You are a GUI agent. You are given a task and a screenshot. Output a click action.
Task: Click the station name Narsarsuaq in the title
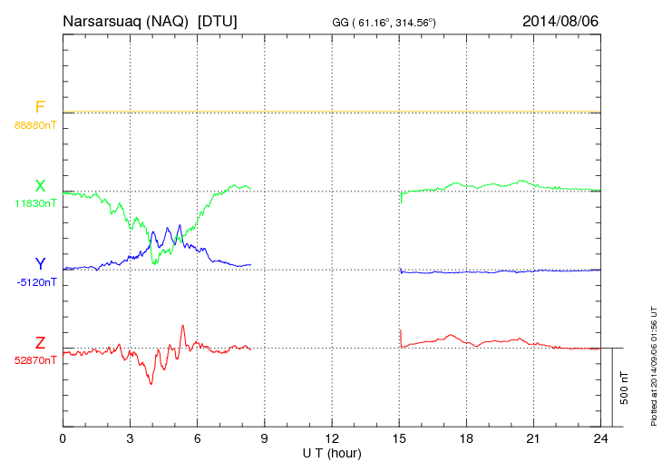coord(99,20)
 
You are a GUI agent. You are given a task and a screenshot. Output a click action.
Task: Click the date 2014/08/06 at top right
coord(561,20)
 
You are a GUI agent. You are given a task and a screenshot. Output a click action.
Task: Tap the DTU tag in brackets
coord(217,20)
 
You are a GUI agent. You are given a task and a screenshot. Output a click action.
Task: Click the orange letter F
coord(40,107)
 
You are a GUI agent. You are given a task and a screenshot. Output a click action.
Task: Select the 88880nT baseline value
coord(36,124)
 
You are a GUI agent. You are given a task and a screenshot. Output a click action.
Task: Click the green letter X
coord(40,186)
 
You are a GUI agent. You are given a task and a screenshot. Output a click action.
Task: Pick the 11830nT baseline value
coord(36,203)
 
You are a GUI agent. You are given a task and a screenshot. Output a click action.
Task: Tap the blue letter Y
coord(40,264)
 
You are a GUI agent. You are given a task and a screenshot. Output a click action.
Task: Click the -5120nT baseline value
coord(36,282)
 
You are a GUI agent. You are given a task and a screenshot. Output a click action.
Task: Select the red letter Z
coord(40,342)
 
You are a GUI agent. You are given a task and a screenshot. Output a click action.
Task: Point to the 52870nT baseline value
coord(36,360)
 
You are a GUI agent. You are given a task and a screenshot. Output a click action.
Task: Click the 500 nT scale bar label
coord(625,388)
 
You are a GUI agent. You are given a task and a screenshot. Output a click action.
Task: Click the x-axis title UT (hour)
coord(332,452)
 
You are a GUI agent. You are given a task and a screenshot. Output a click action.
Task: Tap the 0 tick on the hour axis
coord(63,438)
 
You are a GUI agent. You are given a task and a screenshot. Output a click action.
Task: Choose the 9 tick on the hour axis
coord(265,438)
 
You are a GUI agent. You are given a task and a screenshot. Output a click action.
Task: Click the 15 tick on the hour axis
coord(399,438)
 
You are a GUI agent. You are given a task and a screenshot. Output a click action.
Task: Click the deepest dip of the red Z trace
coord(151,384)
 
